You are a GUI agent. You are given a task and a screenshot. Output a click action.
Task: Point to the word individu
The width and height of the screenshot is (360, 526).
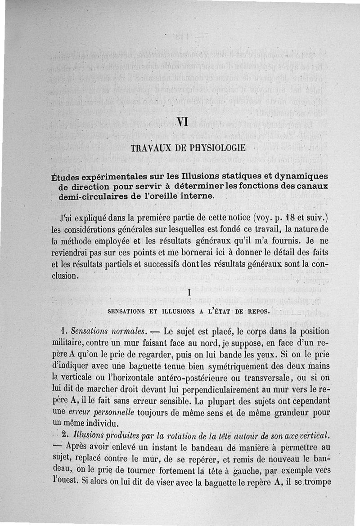(x=102, y=423)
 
